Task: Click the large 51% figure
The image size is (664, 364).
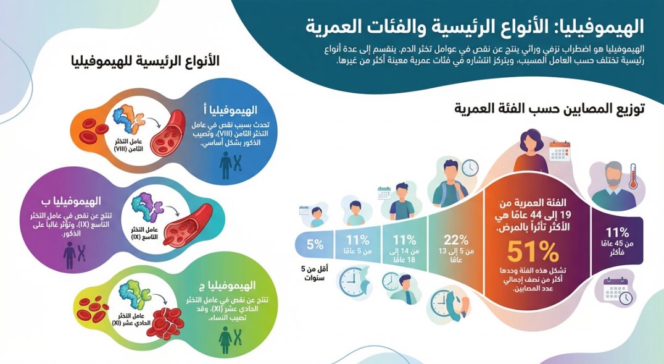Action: point(533,251)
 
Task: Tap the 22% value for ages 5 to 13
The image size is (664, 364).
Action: point(454,240)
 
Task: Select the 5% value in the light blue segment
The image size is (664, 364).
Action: point(314,244)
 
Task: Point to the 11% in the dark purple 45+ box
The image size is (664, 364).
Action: point(617,233)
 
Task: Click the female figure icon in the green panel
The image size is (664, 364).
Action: point(225,337)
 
